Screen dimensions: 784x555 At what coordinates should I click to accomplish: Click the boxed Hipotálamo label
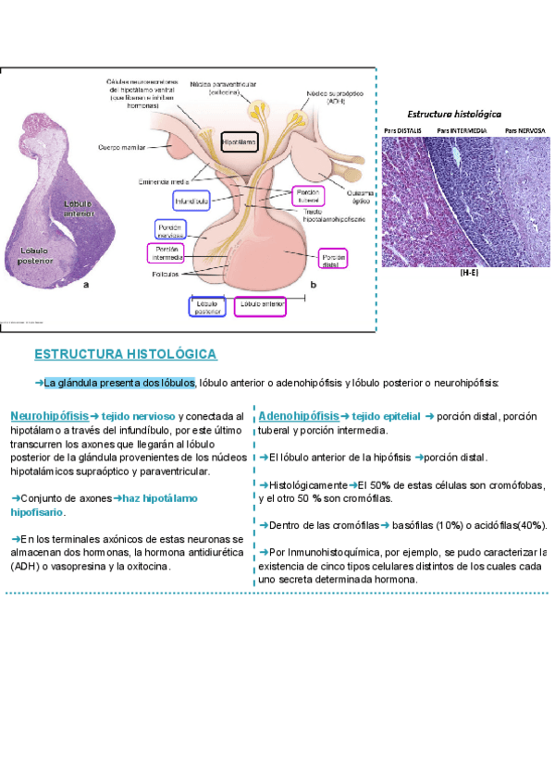[239, 143]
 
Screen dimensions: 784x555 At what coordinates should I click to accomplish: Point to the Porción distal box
[332, 259]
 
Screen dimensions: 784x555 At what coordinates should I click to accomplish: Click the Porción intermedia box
[166, 253]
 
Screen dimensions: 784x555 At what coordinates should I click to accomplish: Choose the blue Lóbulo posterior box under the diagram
[207, 307]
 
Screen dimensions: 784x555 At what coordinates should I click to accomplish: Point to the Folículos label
[166, 275]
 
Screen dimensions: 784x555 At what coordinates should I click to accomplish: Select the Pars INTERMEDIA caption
[462, 131]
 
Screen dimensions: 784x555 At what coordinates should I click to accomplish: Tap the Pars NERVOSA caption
[524, 131]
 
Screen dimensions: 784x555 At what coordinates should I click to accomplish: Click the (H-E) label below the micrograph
[468, 274]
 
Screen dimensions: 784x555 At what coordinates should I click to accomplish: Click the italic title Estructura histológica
[455, 112]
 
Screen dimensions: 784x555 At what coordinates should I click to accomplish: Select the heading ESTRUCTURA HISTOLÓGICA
[126, 354]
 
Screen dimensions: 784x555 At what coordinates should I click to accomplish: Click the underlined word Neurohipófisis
[50, 416]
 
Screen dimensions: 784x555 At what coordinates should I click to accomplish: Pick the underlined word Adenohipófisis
[299, 416]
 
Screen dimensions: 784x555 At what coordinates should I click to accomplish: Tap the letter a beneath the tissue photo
[86, 287]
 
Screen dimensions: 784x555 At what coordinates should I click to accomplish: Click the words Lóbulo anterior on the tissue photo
[80, 208]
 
